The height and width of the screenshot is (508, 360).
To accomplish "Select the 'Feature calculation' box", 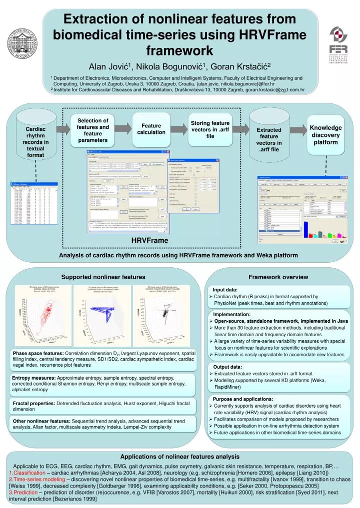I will pos(151,129).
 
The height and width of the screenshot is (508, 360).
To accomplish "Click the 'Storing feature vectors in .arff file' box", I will pos(210,129).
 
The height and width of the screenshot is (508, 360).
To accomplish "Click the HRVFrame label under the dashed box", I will pos(150,241).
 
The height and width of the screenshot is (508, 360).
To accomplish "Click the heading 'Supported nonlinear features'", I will pos(103,276).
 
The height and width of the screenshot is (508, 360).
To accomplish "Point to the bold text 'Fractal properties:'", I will pos(34,403).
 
